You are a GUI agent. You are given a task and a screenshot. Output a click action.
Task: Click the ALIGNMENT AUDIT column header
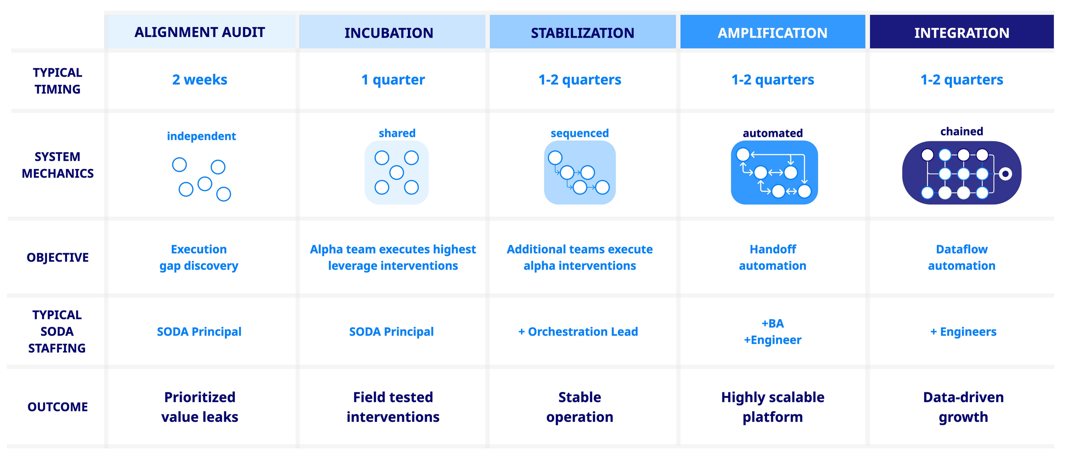coord(200,32)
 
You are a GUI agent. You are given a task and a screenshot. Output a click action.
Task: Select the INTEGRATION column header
coord(961,33)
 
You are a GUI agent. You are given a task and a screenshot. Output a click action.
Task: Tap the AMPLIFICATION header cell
coord(772,33)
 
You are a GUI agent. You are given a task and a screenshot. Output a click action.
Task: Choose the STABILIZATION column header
coord(582,33)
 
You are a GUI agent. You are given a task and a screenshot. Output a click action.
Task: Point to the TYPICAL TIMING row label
coord(57,81)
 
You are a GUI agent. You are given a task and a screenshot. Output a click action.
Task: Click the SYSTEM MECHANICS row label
coord(57,165)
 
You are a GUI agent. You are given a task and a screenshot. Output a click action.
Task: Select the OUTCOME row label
coord(57,407)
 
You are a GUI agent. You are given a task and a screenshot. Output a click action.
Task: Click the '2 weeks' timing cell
coord(200,80)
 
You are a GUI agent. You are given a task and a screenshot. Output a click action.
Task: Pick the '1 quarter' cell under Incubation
coord(393,80)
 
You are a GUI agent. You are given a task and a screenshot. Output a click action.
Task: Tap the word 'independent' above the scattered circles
coord(201,136)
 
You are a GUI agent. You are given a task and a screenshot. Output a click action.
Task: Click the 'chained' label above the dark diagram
coord(961,131)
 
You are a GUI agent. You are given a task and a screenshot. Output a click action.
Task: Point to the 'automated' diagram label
coord(772,133)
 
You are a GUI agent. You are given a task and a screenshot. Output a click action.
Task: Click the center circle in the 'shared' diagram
coord(396,172)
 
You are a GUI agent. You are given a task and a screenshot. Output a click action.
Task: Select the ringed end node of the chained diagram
coord(1005,174)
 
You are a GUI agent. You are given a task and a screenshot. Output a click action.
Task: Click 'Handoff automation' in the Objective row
coord(772,258)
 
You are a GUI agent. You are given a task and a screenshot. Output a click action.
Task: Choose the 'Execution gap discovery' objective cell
coord(199,258)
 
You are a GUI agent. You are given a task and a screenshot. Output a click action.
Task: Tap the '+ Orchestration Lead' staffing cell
coord(578,332)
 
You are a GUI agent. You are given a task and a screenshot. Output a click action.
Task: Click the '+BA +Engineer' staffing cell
coord(772,332)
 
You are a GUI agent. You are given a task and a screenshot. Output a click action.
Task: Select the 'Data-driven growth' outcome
coord(963,407)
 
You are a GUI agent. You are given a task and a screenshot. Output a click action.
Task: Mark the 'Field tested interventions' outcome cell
coord(393,407)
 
